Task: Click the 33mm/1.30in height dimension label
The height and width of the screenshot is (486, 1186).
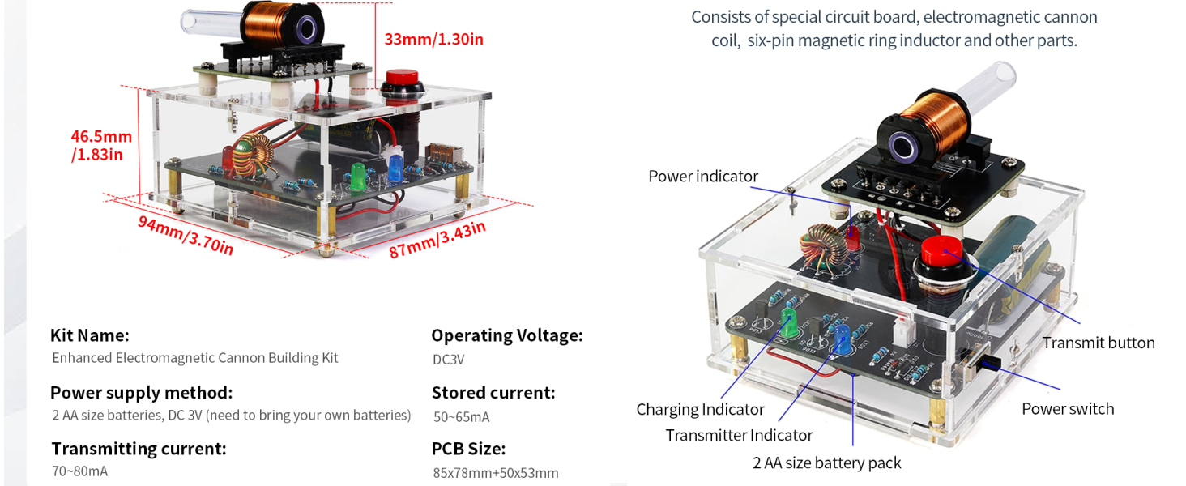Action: pos(433,39)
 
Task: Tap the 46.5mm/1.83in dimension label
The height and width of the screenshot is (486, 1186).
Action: pos(101,146)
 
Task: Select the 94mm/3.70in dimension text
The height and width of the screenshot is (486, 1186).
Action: pos(186,236)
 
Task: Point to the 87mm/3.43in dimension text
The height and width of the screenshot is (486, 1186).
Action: pos(437,240)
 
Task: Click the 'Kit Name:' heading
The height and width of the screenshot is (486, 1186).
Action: pos(89,335)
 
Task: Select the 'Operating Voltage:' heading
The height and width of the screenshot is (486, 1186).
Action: pos(506,335)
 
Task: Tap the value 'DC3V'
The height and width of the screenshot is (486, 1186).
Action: pos(449,360)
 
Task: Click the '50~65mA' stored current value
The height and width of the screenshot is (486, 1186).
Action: pos(461,416)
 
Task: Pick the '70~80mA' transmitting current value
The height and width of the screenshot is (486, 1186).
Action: pos(79,471)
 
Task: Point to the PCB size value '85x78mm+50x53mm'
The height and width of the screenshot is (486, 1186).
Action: pos(496,472)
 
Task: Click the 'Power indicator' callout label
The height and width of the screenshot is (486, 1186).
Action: pos(703,177)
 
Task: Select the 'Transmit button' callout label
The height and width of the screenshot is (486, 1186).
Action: pos(1099,343)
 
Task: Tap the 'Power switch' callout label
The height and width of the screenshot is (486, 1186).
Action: pos(1068,409)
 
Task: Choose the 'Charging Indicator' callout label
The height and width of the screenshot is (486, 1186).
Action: pos(700,409)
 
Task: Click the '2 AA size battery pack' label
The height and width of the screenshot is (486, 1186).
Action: pos(826,463)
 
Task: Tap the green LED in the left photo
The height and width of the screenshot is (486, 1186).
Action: pos(358,177)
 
